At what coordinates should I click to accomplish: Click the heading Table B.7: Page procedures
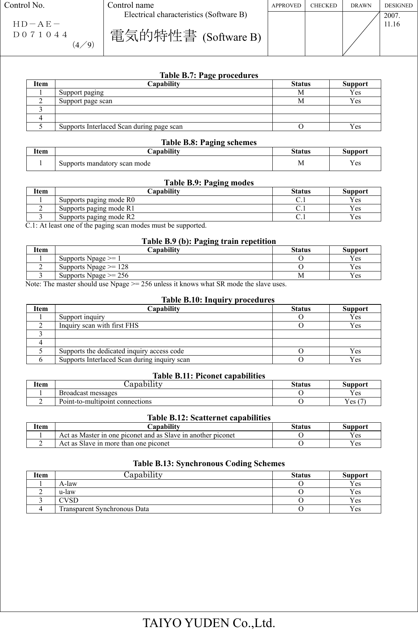(x=209, y=75)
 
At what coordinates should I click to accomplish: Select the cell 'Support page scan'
(x=86, y=101)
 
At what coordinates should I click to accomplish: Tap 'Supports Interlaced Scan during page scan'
(x=120, y=126)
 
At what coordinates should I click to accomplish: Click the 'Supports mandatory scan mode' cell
(x=105, y=163)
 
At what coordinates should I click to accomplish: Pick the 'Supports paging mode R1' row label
(x=97, y=208)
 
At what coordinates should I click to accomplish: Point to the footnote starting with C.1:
(x=116, y=225)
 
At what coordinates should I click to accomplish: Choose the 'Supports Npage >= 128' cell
(x=93, y=267)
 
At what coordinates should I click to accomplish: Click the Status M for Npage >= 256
(x=301, y=275)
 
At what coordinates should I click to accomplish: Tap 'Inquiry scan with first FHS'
(x=98, y=325)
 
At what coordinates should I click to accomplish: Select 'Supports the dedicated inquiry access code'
(x=121, y=351)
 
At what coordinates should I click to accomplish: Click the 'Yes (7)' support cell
(x=355, y=401)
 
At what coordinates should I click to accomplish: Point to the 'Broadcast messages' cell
(x=88, y=393)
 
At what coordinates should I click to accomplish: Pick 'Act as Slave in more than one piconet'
(x=114, y=443)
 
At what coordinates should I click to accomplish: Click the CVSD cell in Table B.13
(x=69, y=500)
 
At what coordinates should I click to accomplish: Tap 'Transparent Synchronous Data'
(x=104, y=509)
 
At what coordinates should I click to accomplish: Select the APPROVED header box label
(x=286, y=5)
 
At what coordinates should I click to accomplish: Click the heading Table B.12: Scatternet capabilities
(x=209, y=418)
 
